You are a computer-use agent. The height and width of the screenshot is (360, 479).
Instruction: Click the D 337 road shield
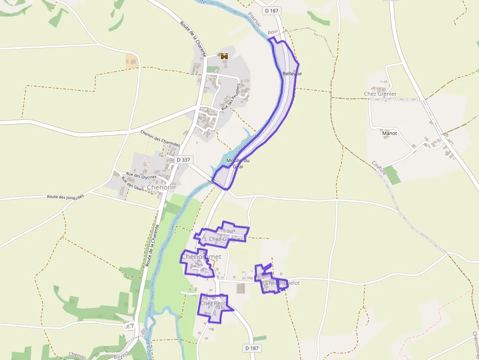(x=184, y=160)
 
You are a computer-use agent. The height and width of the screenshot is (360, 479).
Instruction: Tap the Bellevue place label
(x=292, y=74)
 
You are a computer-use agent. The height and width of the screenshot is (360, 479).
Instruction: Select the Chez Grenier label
(x=380, y=94)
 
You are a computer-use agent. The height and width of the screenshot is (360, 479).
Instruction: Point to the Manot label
(x=390, y=133)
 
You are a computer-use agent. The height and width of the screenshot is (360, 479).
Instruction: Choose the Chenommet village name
(x=201, y=256)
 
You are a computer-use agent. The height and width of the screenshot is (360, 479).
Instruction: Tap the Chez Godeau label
(x=225, y=239)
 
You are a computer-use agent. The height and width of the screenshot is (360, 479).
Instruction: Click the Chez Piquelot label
(x=282, y=283)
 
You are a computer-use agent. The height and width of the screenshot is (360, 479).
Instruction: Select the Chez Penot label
(x=214, y=303)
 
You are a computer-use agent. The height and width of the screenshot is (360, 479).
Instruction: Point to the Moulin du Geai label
(x=238, y=164)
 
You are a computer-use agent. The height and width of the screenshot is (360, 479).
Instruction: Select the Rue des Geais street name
(x=132, y=186)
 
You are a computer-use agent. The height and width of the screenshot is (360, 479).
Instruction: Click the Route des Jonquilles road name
(x=65, y=196)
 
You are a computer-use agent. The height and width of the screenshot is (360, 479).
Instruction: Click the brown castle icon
(x=224, y=57)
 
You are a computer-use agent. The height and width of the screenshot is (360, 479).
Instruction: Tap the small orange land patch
(x=132, y=61)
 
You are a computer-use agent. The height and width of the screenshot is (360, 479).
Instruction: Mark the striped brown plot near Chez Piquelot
(x=241, y=288)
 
